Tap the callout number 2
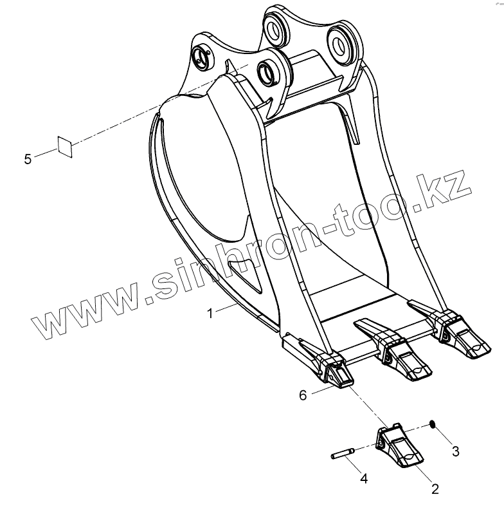point(435,489)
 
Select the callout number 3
point(455,451)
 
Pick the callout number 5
point(28,158)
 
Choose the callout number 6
point(302,395)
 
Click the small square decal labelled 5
point(65,146)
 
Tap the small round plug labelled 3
point(433,424)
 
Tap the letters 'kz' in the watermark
point(449,190)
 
